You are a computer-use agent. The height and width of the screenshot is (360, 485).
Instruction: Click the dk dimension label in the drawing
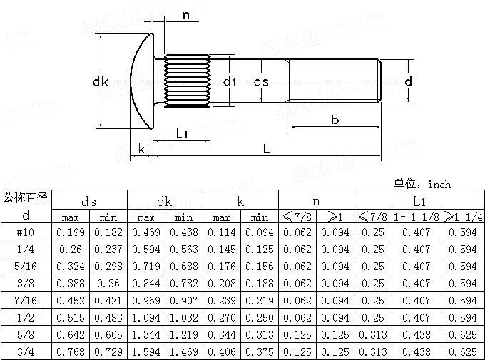101,82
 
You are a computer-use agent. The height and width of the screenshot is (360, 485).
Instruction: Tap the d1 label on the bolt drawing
229,82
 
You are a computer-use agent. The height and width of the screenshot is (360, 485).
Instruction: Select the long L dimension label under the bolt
266,149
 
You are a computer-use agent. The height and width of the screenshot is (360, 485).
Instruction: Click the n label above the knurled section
186,16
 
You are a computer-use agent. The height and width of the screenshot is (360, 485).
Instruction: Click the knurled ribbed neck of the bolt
186,82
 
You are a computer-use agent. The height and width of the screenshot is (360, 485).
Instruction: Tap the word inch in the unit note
439,185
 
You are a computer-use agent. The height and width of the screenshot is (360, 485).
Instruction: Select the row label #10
26,232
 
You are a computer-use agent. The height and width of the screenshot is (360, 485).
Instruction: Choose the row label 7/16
26,301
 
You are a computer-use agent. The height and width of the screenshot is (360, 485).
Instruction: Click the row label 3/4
26,352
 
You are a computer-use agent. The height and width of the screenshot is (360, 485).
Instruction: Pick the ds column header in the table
89,201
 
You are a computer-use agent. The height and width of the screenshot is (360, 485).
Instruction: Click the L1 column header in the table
419,201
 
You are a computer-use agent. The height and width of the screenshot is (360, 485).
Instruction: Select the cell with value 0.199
70,232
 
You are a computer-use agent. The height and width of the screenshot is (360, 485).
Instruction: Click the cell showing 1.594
145,352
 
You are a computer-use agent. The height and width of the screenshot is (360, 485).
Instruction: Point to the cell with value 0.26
70,250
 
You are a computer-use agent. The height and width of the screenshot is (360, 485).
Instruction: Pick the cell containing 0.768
70,352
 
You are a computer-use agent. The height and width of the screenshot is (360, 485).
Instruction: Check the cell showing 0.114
221,232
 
